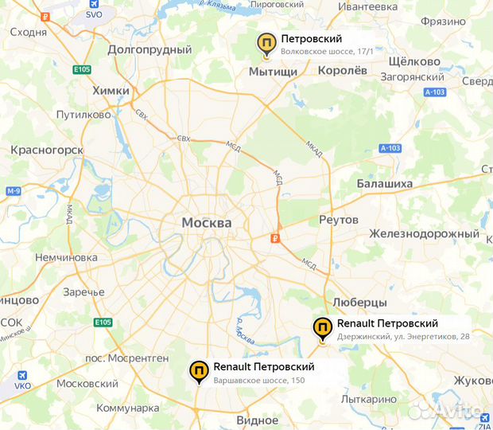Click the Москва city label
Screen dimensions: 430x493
[x=207, y=222]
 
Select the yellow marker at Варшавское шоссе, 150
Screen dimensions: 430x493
[x=199, y=371]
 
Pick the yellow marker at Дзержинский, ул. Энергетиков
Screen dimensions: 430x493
[x=323, y=327]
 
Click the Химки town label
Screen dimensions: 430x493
[x=111, y=91]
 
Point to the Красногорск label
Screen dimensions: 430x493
[x=47, y=149]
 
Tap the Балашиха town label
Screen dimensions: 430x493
[x=386, y=183]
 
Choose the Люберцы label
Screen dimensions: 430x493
[x=359, y=303]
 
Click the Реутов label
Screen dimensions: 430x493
[x=338, y=219]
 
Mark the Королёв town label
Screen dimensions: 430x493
[x=343, y=70]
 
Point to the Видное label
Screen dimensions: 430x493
[x=257, y=420]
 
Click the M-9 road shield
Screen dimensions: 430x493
[x=13, y=191]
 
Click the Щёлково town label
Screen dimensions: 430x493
[x=413, y=61]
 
